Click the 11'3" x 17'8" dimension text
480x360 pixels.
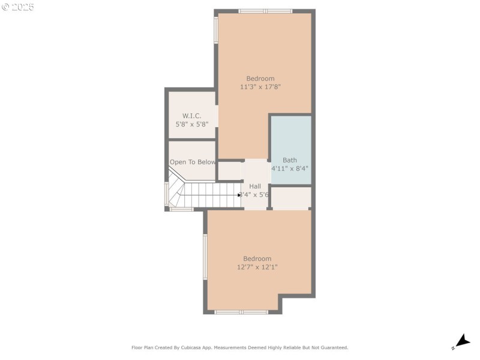tap(260, 87)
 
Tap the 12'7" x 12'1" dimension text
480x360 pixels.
tap(257, 268)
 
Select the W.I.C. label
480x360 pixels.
tap(192, 116)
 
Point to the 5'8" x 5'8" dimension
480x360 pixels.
tap(192, 124)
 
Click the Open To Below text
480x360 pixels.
tap(193, 162)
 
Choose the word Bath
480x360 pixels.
tap(290, 160)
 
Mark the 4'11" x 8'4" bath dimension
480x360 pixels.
tap(290, 169)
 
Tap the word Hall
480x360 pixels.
tap(255, 186)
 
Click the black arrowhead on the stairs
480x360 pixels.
tap(239, 195)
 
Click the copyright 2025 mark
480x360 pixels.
tap(18, 7)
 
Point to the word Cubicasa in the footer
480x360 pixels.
tap(193, 347)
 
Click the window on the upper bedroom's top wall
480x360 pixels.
tap(265, 11)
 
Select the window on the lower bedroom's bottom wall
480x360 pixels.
tap(241, 312)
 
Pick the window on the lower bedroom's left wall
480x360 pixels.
tap(205, 257)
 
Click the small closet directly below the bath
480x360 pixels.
tap(291, 199)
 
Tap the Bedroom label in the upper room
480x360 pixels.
tap(260, 79)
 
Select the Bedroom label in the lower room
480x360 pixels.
tap(257, 259)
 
